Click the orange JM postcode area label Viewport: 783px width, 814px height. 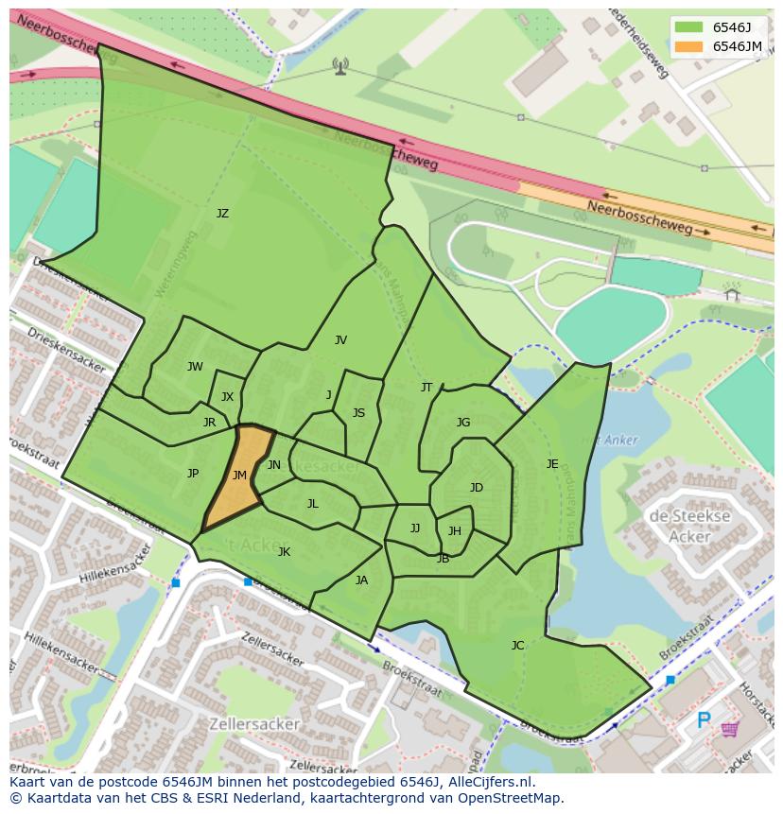click(239, 476)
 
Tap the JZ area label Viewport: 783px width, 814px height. click(222, 214)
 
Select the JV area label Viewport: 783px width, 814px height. click(340, 340)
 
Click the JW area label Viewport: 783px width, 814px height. click(195, 367)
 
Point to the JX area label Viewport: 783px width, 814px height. click(227, 397)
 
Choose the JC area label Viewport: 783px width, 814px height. click(517, 646)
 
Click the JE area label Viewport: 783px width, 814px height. click(552, 463)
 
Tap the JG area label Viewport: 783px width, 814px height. click(463, 423)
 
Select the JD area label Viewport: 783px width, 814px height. click(477, 488)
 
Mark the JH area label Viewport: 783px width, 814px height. click(455, 531)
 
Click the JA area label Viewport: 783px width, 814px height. click(361, 580)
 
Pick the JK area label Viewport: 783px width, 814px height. click(284, 552)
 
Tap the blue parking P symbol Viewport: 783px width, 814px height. click(704, 721)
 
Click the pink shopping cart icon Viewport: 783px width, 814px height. click(730, 728)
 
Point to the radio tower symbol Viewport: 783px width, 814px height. click(340, 65)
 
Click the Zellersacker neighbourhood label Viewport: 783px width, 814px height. click(257, 724)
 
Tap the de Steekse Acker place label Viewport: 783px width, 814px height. click(689, 527)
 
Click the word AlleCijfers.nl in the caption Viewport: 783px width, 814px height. click(490, 782)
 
